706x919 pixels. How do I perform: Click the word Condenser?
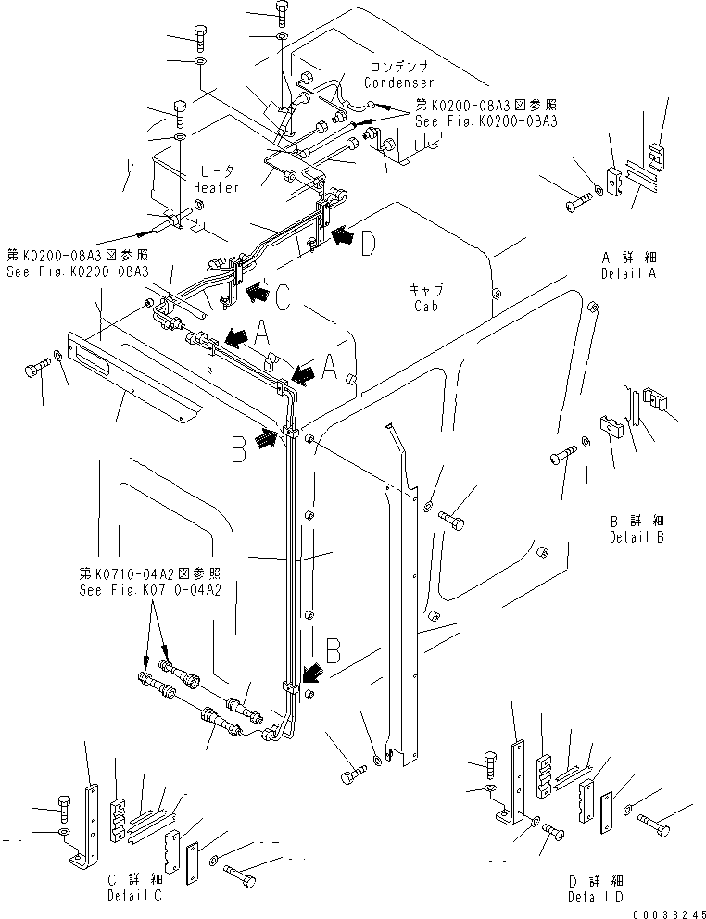398,82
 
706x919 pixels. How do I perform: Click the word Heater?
217,187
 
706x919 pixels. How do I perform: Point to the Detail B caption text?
638,536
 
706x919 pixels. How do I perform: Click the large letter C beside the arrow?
284,296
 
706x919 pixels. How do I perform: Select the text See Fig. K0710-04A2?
150,590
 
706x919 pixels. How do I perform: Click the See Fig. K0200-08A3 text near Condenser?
485,121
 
